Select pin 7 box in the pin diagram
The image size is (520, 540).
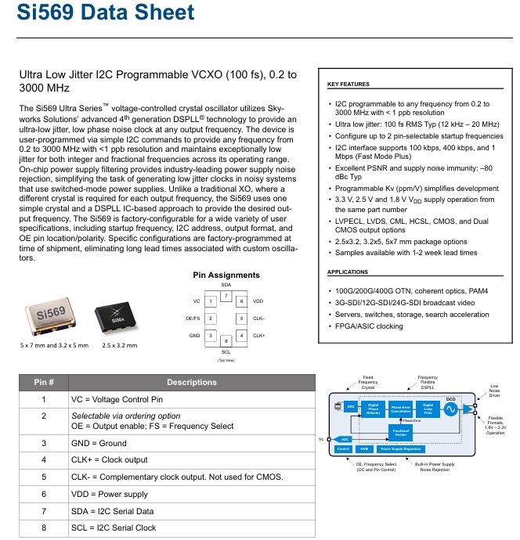[226, 295]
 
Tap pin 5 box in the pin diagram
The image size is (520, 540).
[241, 318]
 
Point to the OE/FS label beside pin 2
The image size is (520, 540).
[192, 318]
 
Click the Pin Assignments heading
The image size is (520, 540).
[226, 275]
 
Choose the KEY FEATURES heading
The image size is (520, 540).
[348, 84]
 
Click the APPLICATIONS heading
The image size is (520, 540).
[348, 272]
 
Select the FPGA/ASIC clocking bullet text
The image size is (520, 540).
[368, 326]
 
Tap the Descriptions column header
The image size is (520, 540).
[191, 382]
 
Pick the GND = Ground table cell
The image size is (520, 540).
[99, 443]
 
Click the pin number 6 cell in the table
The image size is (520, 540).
[44, 494]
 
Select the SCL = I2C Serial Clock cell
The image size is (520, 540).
[114, 527]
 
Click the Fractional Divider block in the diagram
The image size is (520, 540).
[400, 432]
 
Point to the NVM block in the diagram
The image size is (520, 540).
[363, 449]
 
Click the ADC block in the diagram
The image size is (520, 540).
[345, 440]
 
